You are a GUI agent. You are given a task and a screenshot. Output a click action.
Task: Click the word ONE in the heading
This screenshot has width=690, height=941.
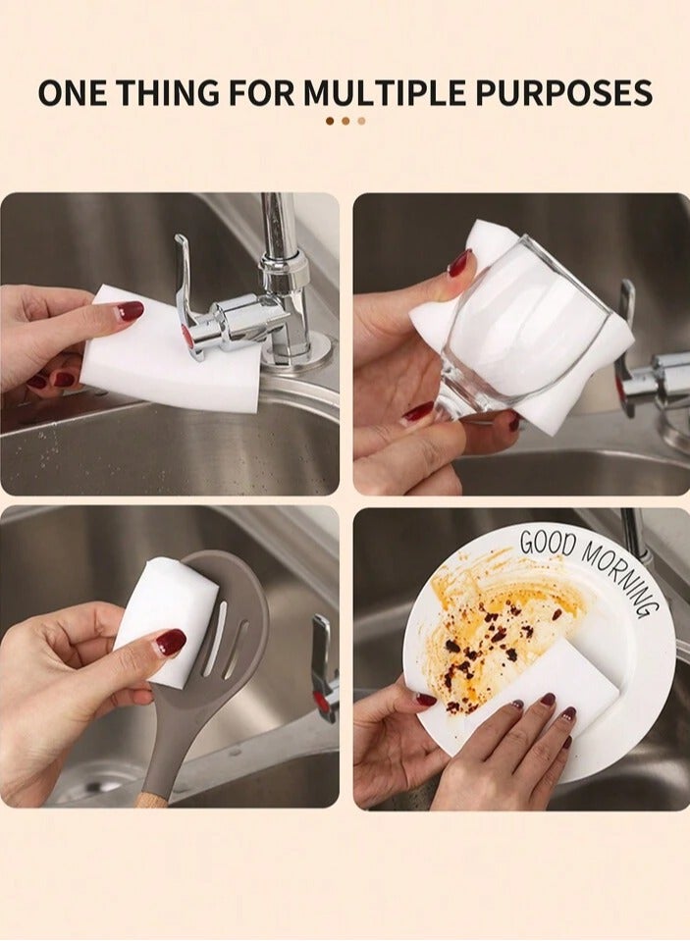pyautogui.click(x=73, y=92)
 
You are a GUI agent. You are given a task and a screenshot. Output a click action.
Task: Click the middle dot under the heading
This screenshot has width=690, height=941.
pyautogui.click(x=345, y=121)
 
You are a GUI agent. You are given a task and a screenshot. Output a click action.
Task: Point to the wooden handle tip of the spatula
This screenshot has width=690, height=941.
pyautogui.click(x=150, y=799)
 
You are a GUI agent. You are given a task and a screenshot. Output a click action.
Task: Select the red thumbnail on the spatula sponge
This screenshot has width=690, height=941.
pyautogui.click(x=171, y=642)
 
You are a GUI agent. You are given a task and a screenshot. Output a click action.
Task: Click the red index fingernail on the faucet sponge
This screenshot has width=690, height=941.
pyautogui.click(x=131, y=311)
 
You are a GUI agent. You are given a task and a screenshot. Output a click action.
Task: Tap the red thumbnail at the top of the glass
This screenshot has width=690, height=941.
pyautogui.click(x=459, y=263)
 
